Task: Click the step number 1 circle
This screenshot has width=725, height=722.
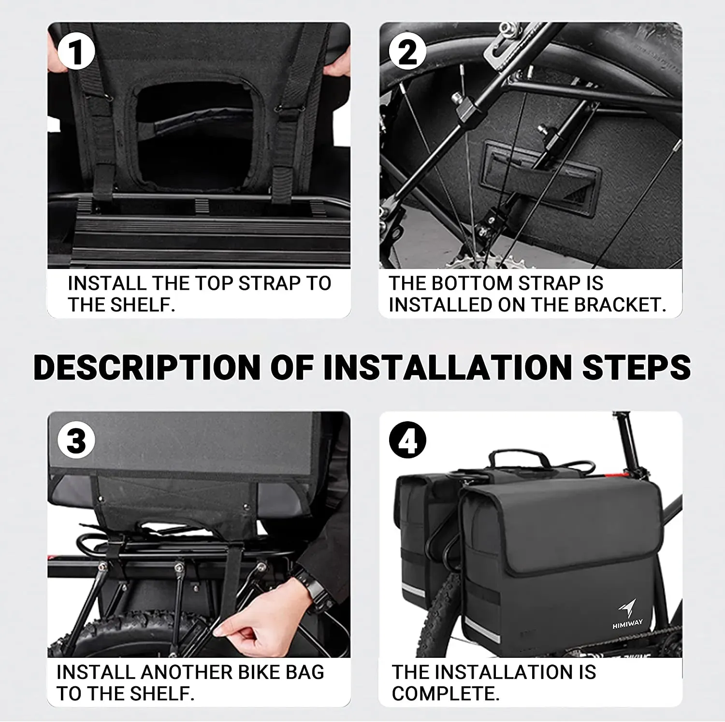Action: click(x=76, y=52)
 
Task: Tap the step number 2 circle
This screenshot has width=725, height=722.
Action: click(x=407, y=52)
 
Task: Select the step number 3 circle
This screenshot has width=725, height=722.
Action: click(x=76, y=441)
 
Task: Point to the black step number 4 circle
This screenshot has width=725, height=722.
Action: click(x=407, y=441)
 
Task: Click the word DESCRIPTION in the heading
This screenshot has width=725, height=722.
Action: click(x=147, y=368)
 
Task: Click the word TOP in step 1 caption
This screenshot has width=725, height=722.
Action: click(x=212, y=283)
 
